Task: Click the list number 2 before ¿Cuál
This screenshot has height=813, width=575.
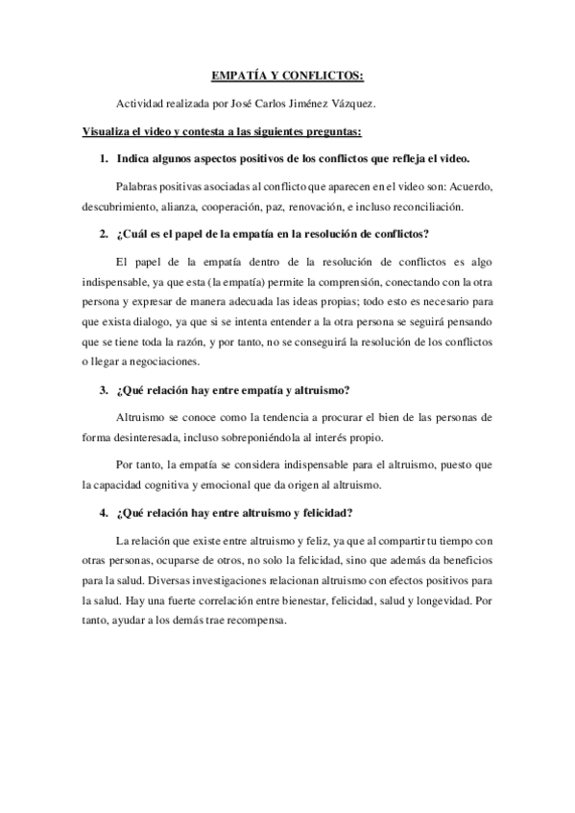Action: pyautogui.click(x=103, y=236)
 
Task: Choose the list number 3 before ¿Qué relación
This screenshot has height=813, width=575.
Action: pyautogui.click(x=103, y=391)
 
